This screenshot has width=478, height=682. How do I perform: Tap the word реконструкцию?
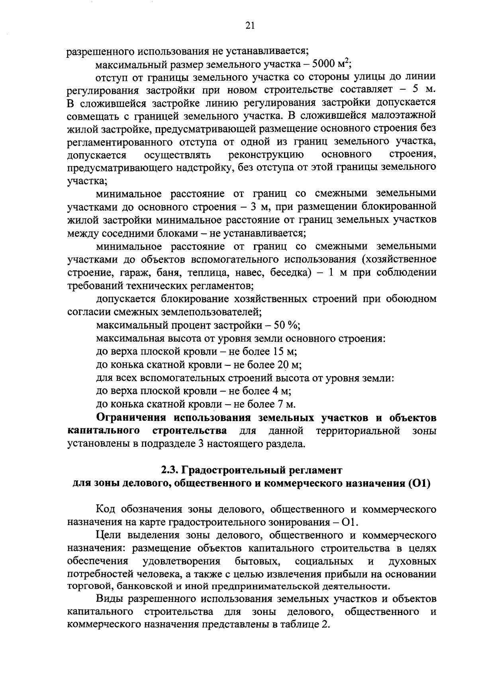point(266,154)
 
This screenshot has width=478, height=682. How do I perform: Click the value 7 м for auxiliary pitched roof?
point(285,404)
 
